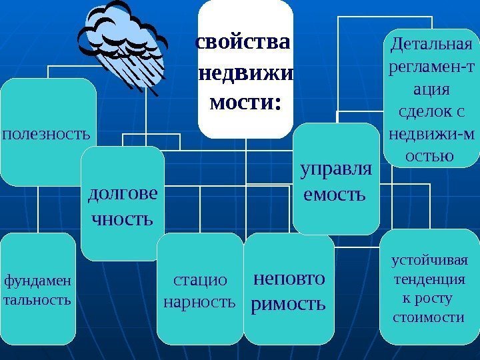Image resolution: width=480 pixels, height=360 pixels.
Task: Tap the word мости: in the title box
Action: tap(245, 103)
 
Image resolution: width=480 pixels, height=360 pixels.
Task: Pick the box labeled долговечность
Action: tap(123, 203)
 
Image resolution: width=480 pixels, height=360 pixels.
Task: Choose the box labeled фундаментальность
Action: tap(37, 288)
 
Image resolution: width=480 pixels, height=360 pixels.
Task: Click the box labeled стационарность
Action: tap(199, 291)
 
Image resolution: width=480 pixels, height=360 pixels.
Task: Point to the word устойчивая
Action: tap(430, 259)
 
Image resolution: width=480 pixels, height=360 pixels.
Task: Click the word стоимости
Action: tap(430, 314)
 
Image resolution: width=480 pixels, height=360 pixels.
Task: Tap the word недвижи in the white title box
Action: tap(246, 73)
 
